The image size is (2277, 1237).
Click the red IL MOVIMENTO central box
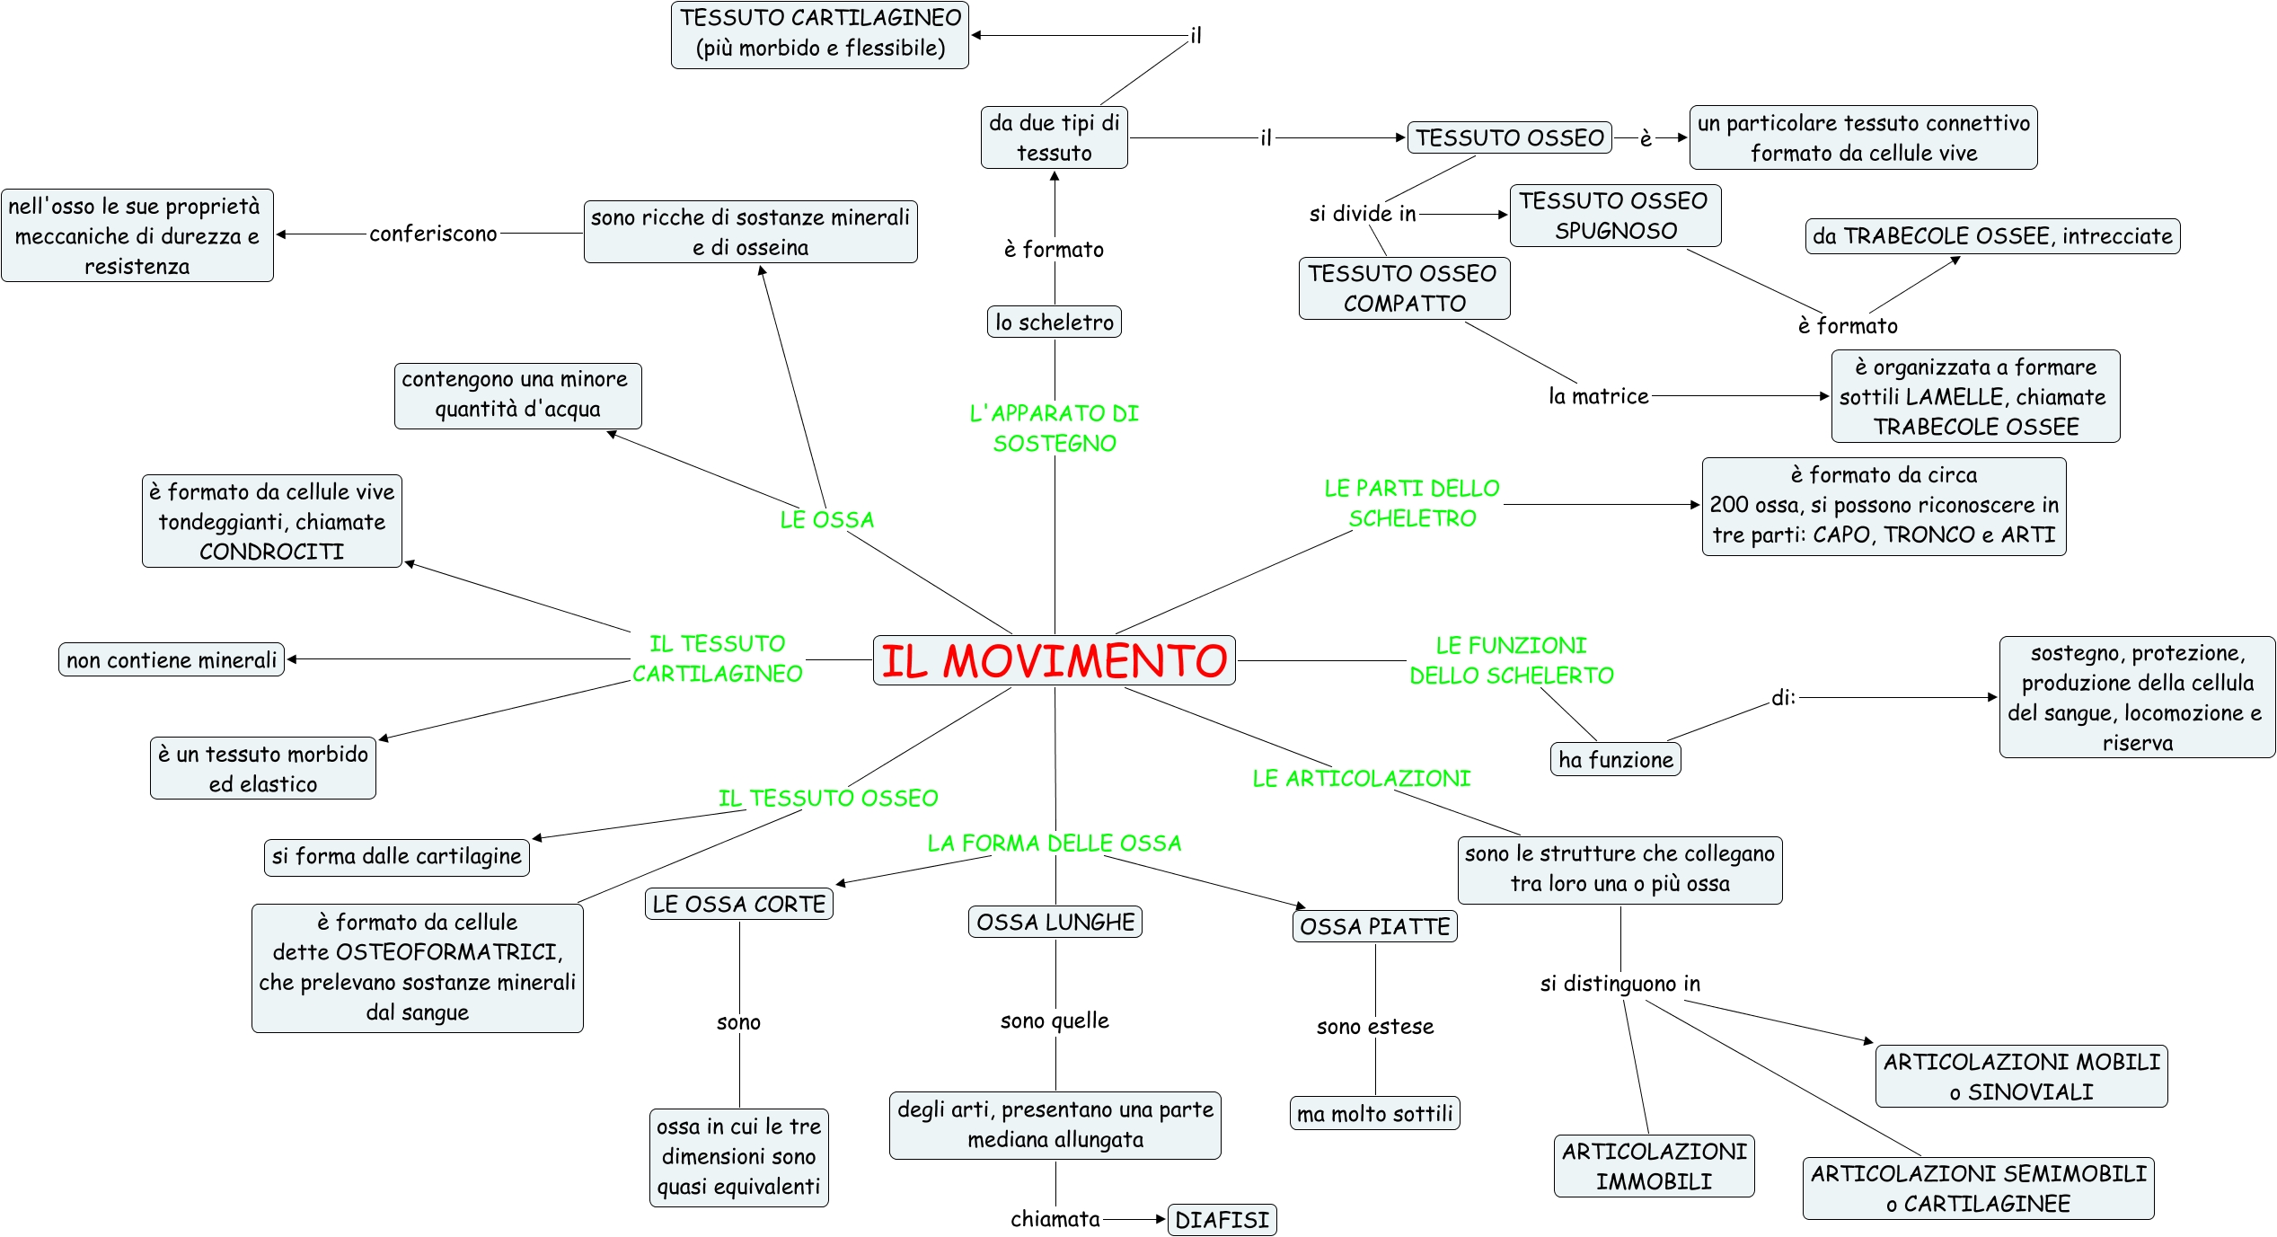1054,660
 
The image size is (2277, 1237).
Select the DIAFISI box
1222,1219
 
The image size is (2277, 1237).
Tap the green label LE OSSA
826,519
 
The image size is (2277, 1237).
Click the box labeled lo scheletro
1054,322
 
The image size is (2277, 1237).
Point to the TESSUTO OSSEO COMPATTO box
1403,288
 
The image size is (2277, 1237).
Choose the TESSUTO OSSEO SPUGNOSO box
1615,216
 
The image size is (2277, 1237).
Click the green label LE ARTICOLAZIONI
1361,778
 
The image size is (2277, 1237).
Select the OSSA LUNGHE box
1055,922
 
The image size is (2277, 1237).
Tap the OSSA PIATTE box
1374,926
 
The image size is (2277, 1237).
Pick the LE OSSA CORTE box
738,904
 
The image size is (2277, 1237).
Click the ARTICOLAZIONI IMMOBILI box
1654,1166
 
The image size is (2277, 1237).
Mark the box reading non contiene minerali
172,660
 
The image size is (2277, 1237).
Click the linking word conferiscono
433,234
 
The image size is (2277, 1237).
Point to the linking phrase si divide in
1362,214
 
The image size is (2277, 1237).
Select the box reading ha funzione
1615,760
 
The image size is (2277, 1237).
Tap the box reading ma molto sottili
1374,1114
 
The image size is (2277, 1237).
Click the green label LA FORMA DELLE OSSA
1054,843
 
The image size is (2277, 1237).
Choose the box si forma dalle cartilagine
396,856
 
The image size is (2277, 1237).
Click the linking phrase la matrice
1598,396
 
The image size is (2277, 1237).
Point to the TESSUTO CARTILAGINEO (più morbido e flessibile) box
820,33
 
